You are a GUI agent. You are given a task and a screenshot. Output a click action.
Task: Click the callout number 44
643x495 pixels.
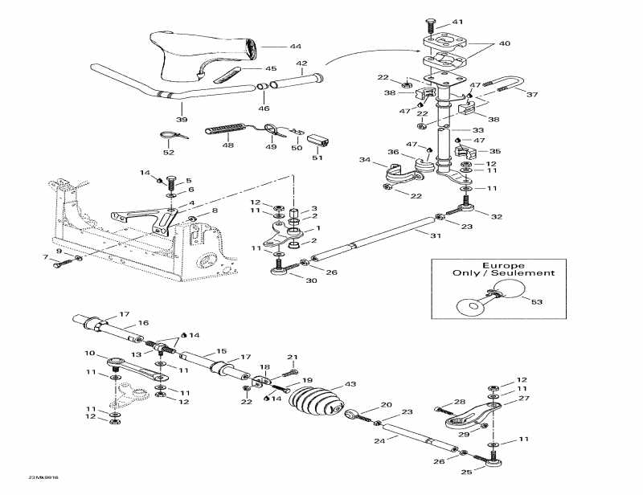(x=273, y=47)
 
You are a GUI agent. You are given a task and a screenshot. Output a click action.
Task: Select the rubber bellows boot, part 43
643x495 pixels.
(x=314, y=399)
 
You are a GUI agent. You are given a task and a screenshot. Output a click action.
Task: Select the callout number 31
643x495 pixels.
(x=436, y=235)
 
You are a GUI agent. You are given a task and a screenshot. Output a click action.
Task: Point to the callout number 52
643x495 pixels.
(x=169, y=152)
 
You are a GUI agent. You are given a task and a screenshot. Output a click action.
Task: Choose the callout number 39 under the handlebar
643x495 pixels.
(x=182, y=119)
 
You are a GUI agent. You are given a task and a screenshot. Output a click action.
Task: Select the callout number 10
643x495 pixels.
(x=90, y=354)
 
